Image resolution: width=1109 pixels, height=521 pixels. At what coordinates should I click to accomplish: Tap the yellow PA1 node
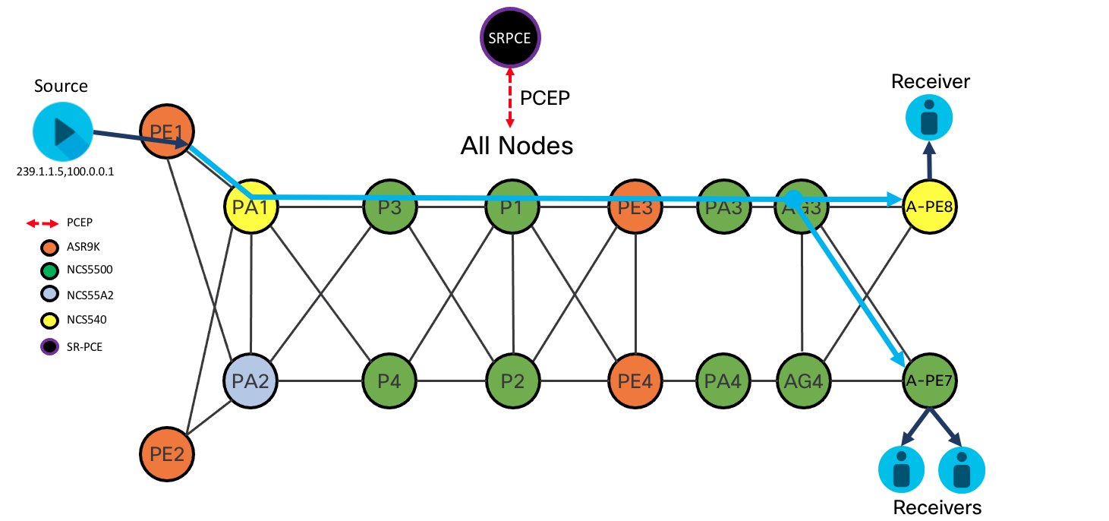point(251,207)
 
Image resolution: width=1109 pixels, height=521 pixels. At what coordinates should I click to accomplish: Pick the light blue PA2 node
point(251,380)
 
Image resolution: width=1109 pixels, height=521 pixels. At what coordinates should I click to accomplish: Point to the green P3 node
point(389,207)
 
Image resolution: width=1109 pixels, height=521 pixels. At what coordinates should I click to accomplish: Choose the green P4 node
point(389,380)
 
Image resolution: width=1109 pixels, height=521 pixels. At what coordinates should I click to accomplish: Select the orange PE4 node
point(636,380)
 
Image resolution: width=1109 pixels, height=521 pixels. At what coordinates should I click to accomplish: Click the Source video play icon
point(62,131)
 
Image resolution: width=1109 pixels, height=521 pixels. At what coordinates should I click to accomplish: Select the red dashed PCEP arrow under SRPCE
point(510,96)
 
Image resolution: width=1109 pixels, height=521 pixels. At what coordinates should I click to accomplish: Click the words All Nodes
point(516,145)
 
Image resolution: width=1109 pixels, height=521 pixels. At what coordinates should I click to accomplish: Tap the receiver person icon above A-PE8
point(929,121)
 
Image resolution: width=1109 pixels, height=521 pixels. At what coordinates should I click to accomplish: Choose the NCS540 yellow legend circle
point(49,320)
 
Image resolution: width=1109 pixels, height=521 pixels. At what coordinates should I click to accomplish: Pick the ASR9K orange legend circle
point(49,247)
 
